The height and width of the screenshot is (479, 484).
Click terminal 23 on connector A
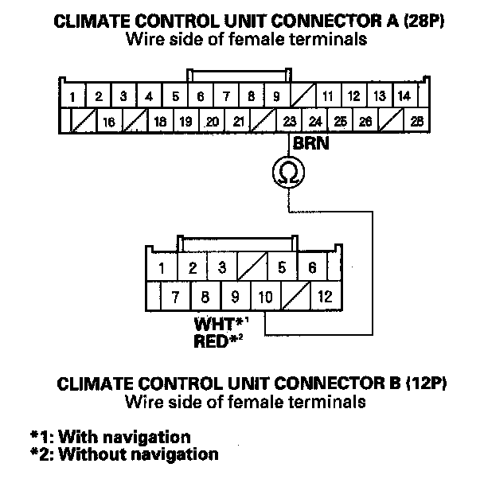pos(289,122)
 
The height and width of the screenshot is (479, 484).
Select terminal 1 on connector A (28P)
pos(72,97)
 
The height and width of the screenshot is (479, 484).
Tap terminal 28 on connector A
pos(415,122)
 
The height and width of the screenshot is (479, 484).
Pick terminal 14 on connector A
pos(404,97)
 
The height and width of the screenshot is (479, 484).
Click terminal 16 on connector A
pos(109,122)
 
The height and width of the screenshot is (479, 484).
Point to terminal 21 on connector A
pos(238,122)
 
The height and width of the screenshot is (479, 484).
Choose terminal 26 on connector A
pos(365,122)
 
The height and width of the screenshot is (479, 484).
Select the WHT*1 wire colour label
pos(218,325)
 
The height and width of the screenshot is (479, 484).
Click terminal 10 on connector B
pos(265,298)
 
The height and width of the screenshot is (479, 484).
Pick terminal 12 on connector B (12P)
pos(324,298)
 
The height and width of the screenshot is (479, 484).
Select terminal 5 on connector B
pos(282,267)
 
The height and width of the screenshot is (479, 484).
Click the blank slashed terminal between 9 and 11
pos(302,97)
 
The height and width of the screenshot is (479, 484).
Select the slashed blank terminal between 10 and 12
pos(295,298)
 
